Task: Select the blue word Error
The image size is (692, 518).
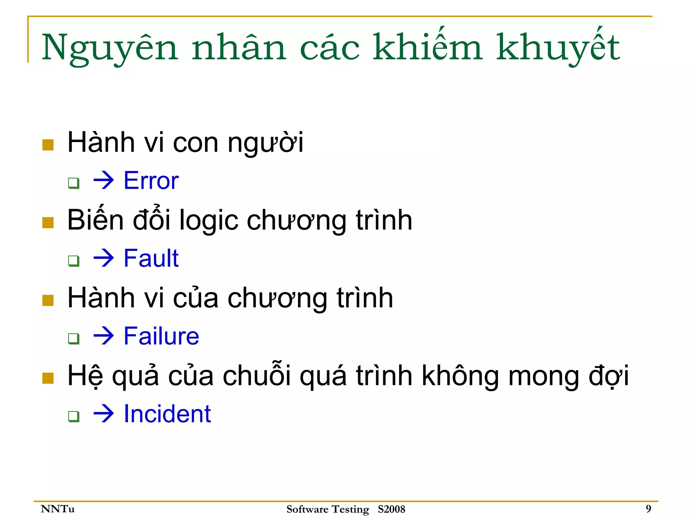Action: pos(151,181)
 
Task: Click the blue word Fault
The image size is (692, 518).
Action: pos(151,258)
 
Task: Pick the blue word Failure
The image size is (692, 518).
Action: pos(162,336)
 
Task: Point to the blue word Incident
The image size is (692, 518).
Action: pos(167,414)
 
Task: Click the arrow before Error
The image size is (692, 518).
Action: pos(103,181)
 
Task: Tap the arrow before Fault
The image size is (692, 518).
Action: pos(103,258)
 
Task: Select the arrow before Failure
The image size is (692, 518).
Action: pos(103,336)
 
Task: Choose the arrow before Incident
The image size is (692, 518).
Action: pos(103,414)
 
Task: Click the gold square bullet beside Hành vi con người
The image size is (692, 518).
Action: pos(48,145)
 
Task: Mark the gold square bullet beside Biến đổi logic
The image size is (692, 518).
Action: pos(48,223)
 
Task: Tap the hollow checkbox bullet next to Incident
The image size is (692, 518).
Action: pos(74,416)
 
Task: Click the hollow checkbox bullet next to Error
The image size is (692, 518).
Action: pos(74,183)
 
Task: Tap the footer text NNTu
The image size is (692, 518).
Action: pos(57,509)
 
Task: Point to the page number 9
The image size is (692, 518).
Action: pos(648,509)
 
